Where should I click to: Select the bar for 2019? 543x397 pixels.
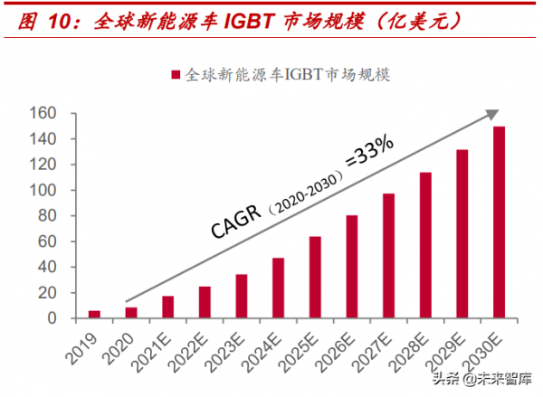pyautogui.click(x=94, y=314)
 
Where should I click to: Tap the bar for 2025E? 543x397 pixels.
pyautogui.click(x=315, y=278)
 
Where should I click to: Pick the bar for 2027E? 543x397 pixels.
pyautogui.click(x=388, y=256)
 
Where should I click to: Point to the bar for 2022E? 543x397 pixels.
pyautogui.click(x=205, y=302)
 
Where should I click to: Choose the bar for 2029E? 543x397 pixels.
pyautogui.click(x=462, y=234)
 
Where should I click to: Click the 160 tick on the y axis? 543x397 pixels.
pyautogui.click(x=70, y=113)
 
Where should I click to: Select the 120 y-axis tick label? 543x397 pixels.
pyautogui.click(x=70, y=165)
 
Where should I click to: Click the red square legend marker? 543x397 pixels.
pyautogui.click(x=174, y=73)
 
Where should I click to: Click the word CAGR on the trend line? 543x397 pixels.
pyautogui.click(x=238, y=217)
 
